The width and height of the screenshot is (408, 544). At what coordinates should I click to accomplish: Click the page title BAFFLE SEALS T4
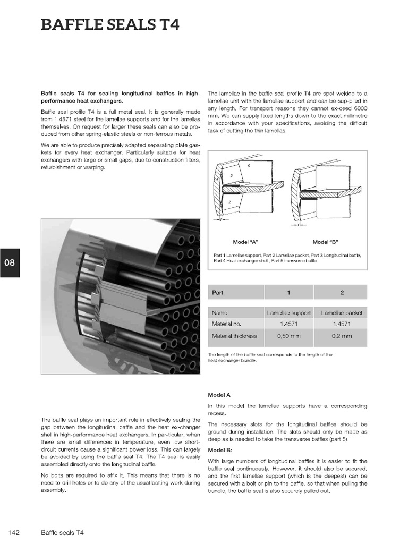110,25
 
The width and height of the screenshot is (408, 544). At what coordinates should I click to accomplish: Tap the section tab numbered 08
10,263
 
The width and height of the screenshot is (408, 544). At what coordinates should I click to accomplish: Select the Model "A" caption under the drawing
245,242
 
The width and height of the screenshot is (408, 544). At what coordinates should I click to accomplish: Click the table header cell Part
218,292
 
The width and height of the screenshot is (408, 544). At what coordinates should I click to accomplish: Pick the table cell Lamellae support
289,313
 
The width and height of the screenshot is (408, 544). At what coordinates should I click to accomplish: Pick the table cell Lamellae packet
341,313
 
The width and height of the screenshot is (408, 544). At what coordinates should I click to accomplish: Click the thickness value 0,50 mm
289,336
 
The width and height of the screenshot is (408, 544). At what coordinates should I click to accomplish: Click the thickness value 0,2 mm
341,336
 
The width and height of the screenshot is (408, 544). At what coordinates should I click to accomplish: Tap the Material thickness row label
234,336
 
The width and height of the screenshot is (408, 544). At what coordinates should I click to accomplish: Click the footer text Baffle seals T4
62,532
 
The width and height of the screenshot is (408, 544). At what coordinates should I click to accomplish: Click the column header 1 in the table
289,292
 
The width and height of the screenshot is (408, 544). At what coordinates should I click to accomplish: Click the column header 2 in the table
341,292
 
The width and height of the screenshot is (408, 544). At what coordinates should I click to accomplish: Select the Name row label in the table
220,313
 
